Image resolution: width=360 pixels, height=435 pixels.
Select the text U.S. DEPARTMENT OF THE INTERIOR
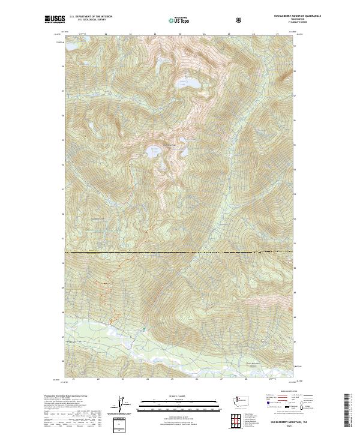click(91, 17)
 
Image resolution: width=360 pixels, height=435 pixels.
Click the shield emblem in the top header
click(240, 19)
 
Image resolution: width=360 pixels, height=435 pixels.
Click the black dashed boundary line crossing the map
click(180, 253)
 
